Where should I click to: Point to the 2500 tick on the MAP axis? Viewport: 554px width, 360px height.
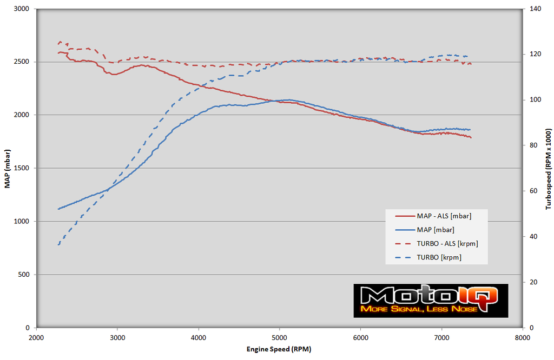click(23, 62)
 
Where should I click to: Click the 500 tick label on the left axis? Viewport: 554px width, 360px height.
click(24, 275)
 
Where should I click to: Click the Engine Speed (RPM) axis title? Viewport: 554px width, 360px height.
click(279, 349)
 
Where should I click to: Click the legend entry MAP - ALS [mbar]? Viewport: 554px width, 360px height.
click(444, 216)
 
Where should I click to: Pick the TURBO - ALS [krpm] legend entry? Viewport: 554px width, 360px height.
click(447, 244)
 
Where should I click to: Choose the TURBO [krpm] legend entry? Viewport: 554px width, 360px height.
click(439, 258)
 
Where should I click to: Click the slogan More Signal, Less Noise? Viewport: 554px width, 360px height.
click(419, 309)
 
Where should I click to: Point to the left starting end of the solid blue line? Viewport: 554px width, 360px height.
click(58, 209)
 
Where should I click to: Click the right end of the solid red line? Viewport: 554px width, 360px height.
click(471, 137)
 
